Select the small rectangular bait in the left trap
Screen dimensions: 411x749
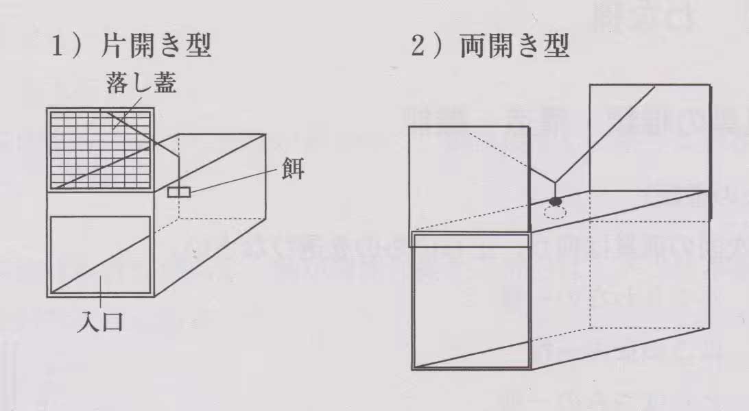178,192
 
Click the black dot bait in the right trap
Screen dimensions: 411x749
555,201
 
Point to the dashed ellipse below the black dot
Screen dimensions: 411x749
555,212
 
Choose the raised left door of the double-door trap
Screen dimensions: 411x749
469,178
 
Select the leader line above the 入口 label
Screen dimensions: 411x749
101,301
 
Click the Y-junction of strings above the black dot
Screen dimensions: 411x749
555,182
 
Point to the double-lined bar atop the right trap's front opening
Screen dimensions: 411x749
471,238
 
